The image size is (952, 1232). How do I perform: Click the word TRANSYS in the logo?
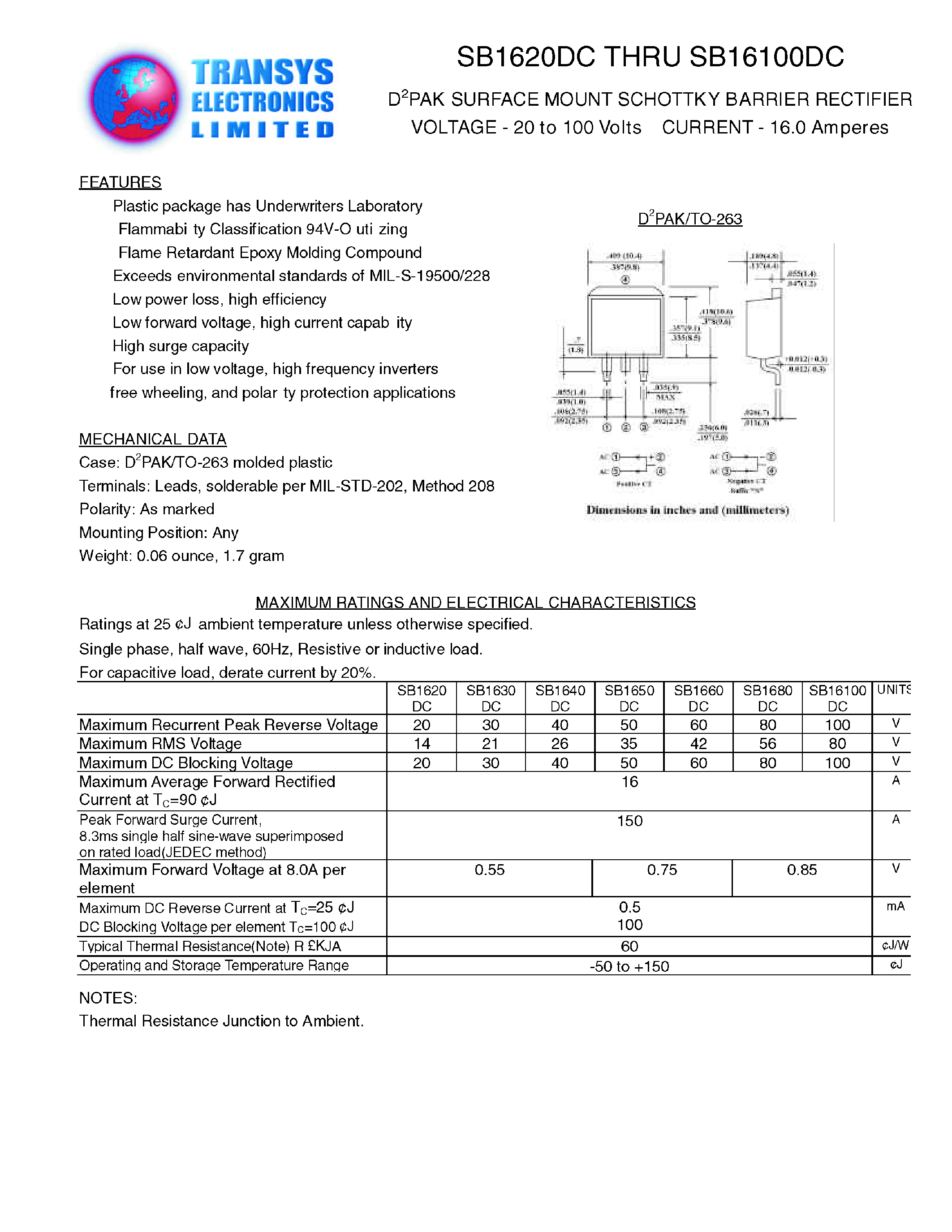262,72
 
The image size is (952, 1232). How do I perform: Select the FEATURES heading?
120,182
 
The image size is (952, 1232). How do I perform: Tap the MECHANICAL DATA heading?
152,439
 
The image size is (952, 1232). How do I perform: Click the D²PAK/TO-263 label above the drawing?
690,219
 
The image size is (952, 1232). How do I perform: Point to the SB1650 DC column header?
629,698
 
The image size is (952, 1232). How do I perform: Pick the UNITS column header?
893,690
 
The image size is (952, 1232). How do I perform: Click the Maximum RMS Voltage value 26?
560,744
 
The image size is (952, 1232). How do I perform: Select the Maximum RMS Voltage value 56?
767,744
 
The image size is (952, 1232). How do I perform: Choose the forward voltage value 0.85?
801,870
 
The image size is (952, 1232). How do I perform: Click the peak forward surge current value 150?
629,821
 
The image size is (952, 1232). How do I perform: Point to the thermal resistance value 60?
629,946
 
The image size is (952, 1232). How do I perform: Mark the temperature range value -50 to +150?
629,966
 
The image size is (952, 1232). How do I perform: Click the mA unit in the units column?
895,906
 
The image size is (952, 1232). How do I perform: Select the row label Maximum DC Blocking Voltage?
186,762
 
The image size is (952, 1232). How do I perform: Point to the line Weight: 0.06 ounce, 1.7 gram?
181,556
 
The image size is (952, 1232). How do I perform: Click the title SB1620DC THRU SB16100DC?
650,57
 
